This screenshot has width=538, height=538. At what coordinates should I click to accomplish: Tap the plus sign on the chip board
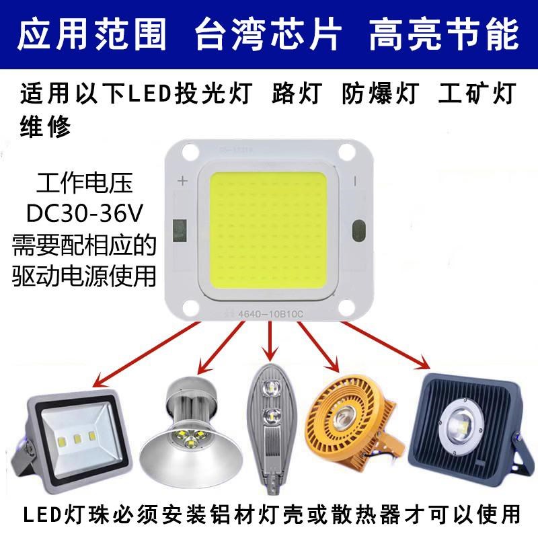click(181, 181)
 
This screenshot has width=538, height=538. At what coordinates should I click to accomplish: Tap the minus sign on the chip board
click(357, 181)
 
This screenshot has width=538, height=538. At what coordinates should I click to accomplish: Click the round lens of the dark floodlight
click(463, 422)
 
